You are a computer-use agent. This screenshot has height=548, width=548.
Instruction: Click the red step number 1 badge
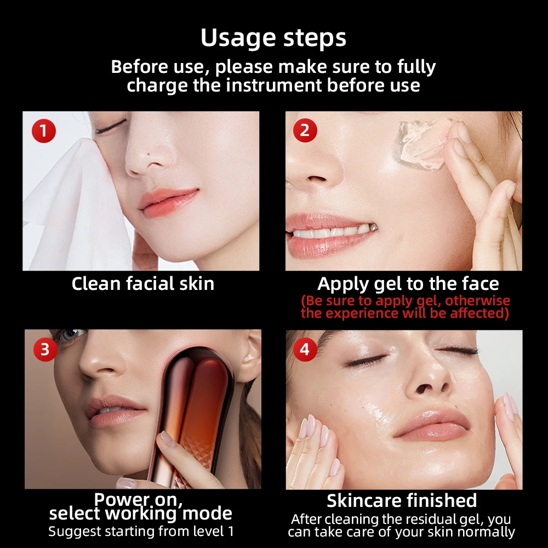44,132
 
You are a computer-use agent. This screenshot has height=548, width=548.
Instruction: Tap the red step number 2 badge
305,131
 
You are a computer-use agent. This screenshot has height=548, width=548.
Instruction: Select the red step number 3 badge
45,350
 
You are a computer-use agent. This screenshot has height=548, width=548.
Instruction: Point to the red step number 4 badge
305,349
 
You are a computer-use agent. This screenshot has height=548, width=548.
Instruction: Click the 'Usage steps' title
273,38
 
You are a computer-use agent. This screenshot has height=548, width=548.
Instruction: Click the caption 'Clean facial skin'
142,283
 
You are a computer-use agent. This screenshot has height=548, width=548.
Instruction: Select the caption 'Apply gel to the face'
408,283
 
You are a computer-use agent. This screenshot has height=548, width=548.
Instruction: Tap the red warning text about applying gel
405,307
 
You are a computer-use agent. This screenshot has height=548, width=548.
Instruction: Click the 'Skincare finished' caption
402,500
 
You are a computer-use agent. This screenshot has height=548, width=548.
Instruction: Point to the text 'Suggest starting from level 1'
141,531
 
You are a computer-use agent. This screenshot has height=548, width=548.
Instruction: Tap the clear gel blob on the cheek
419,145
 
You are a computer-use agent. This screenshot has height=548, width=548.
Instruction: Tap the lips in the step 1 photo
167,200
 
